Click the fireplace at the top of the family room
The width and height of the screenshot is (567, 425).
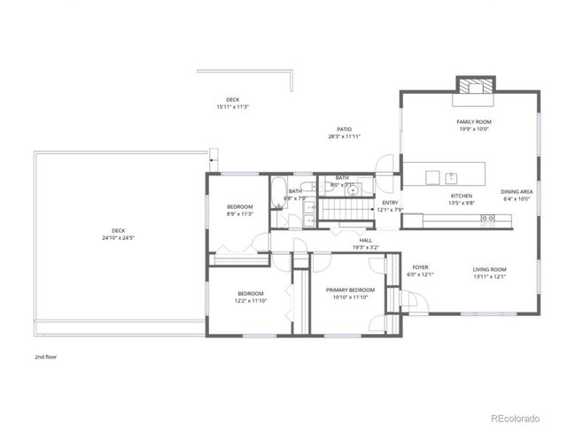(472, 85)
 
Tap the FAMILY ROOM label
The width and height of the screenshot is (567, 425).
(474, 121)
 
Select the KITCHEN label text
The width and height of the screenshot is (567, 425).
(462, 196)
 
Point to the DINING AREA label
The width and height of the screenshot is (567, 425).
(517, 191)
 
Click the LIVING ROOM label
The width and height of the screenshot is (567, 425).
(489, 269)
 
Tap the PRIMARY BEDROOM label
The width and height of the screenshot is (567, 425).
(350, 290)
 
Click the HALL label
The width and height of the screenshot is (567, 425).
(365, 240)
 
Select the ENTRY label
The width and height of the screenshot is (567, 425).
(390, 203)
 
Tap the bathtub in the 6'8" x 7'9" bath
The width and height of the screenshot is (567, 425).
(276, 190)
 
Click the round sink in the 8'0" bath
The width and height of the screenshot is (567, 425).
(353, 189)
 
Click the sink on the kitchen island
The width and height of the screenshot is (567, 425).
(451, 175)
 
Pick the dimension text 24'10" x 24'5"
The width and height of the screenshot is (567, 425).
(118, 238)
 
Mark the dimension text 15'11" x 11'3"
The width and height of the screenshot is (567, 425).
(232, 107)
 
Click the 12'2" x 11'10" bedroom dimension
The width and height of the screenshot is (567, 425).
(250, 301)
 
